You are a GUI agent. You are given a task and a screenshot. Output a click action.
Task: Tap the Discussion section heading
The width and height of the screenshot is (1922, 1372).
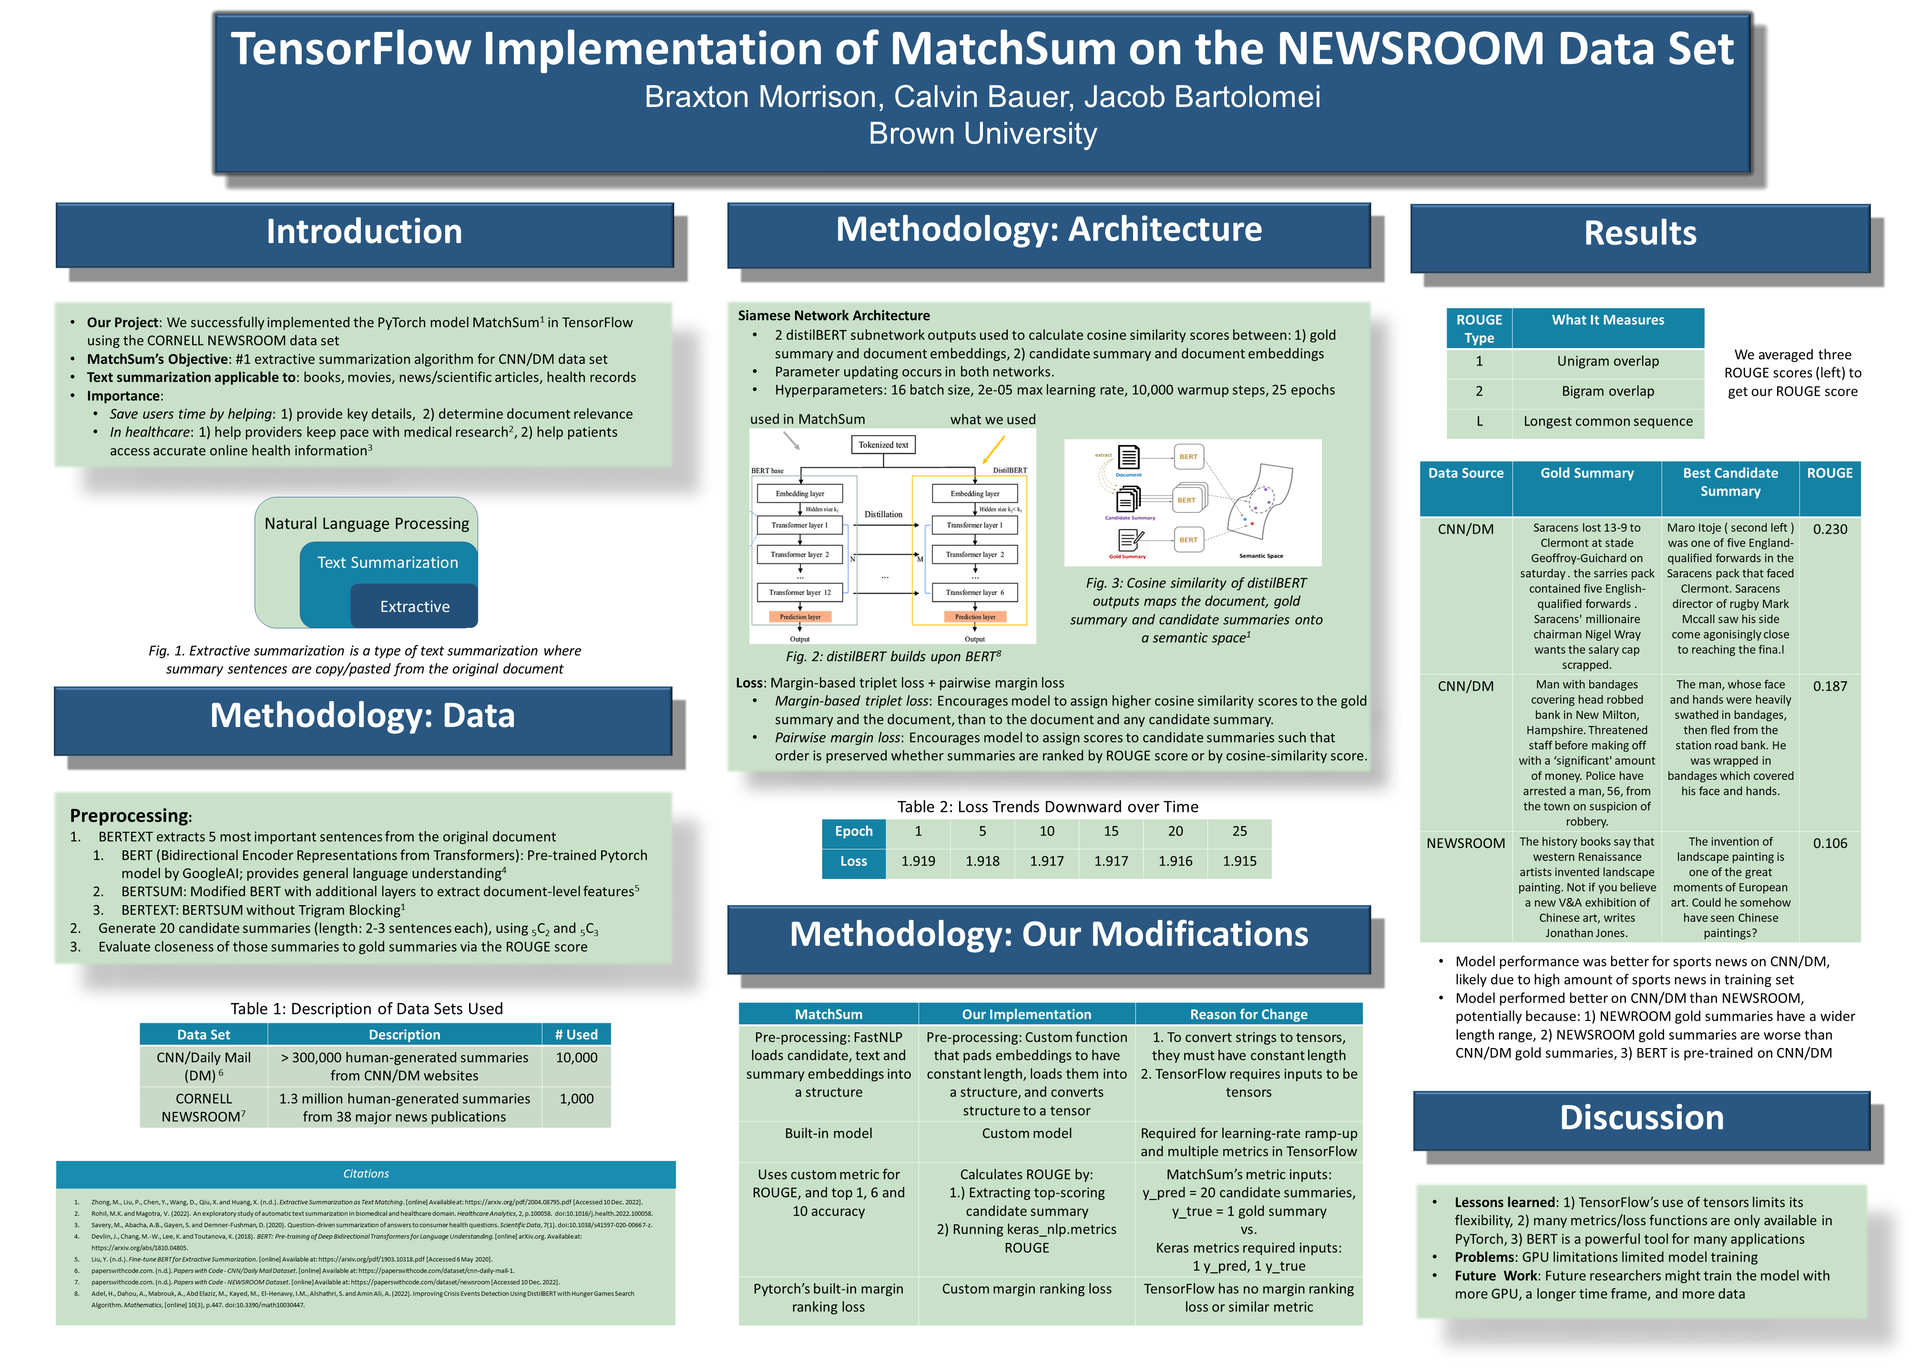click(x=1641, y=1118)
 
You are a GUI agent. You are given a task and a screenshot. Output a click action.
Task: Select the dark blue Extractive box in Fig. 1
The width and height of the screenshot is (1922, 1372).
click(x=414, y=606)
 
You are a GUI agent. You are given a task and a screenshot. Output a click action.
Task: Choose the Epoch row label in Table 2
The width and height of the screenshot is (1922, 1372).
click(x=854, y=831)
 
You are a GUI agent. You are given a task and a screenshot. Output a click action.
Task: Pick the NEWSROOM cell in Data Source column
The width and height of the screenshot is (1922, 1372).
click(x=1466, y=843)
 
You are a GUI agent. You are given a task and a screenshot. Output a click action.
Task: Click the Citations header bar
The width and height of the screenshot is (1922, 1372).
click(x=366, y=1173)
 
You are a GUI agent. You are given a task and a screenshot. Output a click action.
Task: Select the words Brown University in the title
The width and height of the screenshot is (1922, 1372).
click(x=982, y=133)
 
